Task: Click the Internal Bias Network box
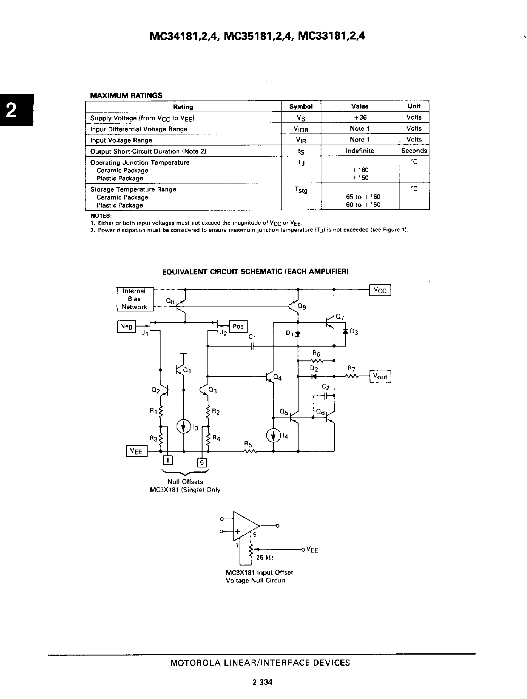(x=135, y=299)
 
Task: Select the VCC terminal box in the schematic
(x=380, y=290)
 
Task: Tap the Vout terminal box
(x=380, y=376)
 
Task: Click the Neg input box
(x=126, y=326)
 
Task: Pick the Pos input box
(x=238, y=327)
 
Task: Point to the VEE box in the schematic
(x=136, y=451)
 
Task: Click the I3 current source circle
(x=184, y=427)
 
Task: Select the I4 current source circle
(x=274, y=436)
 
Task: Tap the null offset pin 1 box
(x=168, y=461)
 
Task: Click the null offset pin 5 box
(x=202, y=463)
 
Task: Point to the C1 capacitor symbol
(x=252, y=346)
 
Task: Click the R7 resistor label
(x=351, y=368)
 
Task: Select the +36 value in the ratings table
(x=360, y=117)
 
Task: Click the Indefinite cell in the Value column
(x=360, y=151)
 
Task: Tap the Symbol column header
(x=301, y=106)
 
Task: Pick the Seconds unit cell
(x=414, y=151)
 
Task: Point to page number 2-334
(x=262, y=682)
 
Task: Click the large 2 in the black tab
(x=12, y=110)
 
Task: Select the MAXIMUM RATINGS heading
(x=126, y=96)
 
